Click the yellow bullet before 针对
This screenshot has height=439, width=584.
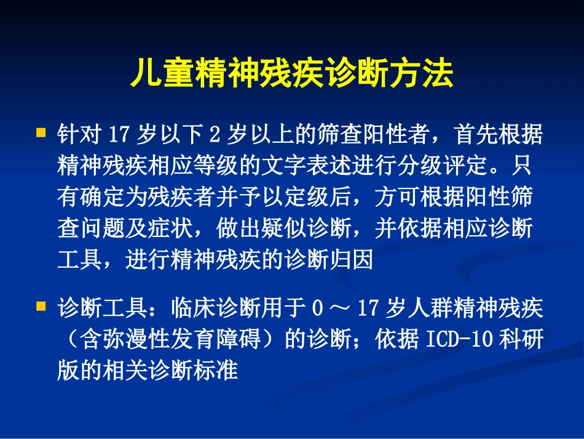[x=41, y=132]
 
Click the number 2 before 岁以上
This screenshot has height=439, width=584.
[x=215, y=134]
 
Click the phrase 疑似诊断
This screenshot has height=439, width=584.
[x=320, y=230]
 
